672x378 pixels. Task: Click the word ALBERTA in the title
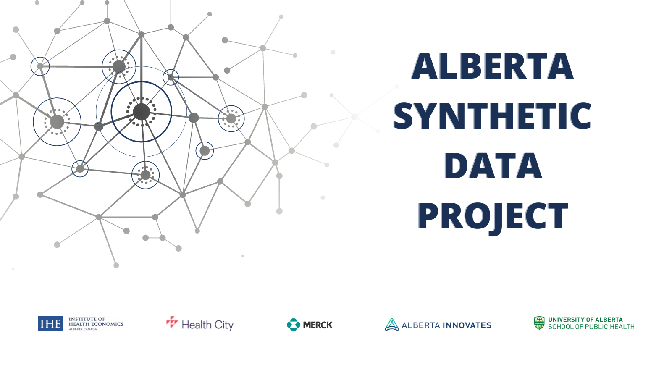tap(492, 66)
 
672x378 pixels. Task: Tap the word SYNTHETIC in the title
tap(492, 116)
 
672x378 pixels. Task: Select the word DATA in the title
tap(493, 165)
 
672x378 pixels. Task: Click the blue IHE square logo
tap(50, 324)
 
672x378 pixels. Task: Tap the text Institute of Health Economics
tap(96, 322)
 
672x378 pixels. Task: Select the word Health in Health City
tap(197, 325)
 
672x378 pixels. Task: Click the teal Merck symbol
tap(294, 325)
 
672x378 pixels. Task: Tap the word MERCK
tap(318, 325)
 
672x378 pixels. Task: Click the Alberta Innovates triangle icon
tap(392, 325)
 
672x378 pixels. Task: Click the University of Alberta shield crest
tap(539, 323)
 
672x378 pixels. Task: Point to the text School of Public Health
tap(591, 327)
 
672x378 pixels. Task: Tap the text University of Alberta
tap(585, 320)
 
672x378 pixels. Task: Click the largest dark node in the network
tap(141, 112)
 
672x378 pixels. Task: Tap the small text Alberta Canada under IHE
tap(83, 329)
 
